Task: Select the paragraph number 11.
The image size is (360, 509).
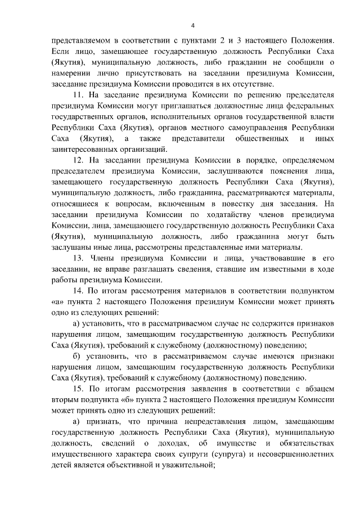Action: click(79, 94)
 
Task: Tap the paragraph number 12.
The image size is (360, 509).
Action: click(79, 160)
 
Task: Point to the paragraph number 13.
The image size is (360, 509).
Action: click(79, 259)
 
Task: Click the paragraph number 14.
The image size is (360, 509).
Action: click(79, 291)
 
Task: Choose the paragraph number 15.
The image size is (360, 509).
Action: click(79, 389)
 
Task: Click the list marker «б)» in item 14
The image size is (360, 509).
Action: click(77, 357)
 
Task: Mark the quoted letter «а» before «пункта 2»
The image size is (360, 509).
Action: click(56, 303)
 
